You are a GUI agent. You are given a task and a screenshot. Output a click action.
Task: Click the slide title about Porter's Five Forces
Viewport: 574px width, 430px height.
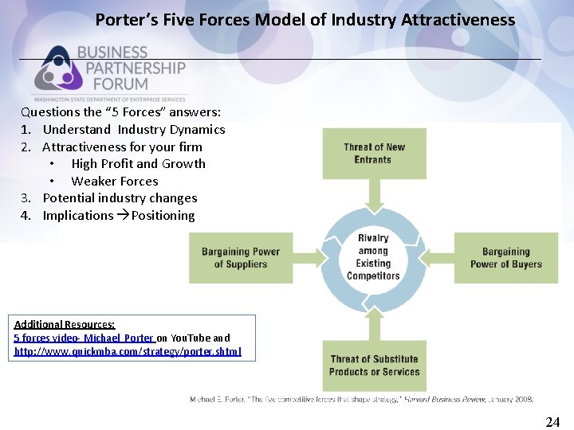point(305,20)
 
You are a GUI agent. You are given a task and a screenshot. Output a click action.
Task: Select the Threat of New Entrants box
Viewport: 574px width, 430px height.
point(373,154)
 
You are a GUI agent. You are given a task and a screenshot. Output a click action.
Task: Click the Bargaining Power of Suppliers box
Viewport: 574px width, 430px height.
point(240,258)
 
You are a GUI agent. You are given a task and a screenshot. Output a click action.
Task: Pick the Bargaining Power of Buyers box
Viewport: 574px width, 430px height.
point(505,258)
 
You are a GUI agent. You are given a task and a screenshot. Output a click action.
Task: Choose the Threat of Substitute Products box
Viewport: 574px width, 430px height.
point(373,365)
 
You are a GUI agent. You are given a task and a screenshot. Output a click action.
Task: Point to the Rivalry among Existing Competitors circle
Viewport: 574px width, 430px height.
point(373,257)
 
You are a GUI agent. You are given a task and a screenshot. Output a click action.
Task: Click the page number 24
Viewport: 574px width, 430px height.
point(552,422)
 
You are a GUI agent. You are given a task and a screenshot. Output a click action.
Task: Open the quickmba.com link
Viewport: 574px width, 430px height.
point(128,351)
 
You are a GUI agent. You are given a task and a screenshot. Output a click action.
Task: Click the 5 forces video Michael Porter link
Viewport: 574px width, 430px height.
point(84,338)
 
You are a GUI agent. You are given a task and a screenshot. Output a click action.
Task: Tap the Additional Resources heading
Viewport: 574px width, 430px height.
point(65,324)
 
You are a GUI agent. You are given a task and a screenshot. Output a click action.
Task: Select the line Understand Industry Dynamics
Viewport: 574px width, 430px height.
point(133,129)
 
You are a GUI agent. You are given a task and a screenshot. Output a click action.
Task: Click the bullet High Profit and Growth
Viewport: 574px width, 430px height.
point(138,163)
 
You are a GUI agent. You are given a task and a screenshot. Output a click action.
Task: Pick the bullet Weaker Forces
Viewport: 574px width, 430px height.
point(114,181)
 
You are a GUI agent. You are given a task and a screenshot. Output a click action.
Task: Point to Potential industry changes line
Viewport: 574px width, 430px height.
point(120,197)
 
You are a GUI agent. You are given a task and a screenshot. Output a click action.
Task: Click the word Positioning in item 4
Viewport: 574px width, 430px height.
point(163,215)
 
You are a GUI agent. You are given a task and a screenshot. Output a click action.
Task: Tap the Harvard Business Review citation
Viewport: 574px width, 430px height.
point(361,399)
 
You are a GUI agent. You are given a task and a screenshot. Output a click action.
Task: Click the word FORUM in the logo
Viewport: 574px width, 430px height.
point(112,83)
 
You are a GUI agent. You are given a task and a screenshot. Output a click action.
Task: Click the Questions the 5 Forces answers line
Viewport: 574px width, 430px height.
point(120,112)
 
